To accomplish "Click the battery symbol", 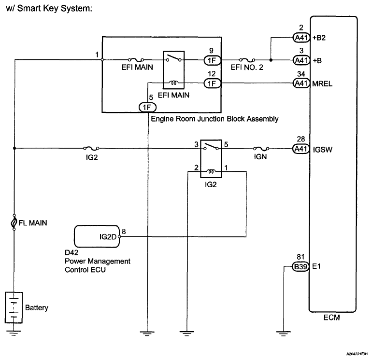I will pyautogui.click(x=14, y=307).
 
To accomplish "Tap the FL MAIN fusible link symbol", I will pyautogui.click(x=14, y=223).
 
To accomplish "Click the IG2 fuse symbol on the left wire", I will pyautogui.click(x=90, y=149).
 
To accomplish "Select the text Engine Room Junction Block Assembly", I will pyautogui.click(x=215, y=119).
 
